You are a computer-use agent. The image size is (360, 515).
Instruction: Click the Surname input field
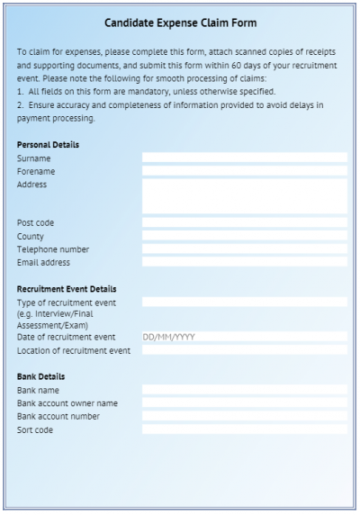point(244,158)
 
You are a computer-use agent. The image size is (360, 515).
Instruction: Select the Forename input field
point(244,171)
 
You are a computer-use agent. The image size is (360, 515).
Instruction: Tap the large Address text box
point(244,195)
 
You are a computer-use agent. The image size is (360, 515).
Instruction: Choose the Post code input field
point(244,222)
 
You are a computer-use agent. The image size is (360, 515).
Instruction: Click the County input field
point(244,236)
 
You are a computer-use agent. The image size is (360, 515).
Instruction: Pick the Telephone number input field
point(244,249)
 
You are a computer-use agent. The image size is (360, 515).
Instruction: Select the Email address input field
point(244,263)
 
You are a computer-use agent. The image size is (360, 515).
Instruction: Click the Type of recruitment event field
point(244,303)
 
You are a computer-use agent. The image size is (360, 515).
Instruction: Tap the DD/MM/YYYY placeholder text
point(169,338)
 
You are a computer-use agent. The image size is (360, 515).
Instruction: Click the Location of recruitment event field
point(244,350)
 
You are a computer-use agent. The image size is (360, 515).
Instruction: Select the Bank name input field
point(244,390)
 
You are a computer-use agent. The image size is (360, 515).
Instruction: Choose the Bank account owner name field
point(244,403)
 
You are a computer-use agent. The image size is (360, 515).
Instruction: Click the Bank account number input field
point(244,417)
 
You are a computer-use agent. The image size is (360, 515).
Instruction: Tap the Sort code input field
point(244,430)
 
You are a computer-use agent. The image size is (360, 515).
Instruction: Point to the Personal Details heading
point(48,144)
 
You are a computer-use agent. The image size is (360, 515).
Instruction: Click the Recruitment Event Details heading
point(67,289)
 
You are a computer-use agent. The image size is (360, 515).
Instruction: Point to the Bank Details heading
point(40,376)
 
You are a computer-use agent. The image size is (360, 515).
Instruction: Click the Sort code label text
point(35,430)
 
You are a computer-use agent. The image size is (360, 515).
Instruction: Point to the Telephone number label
point(53,249)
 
